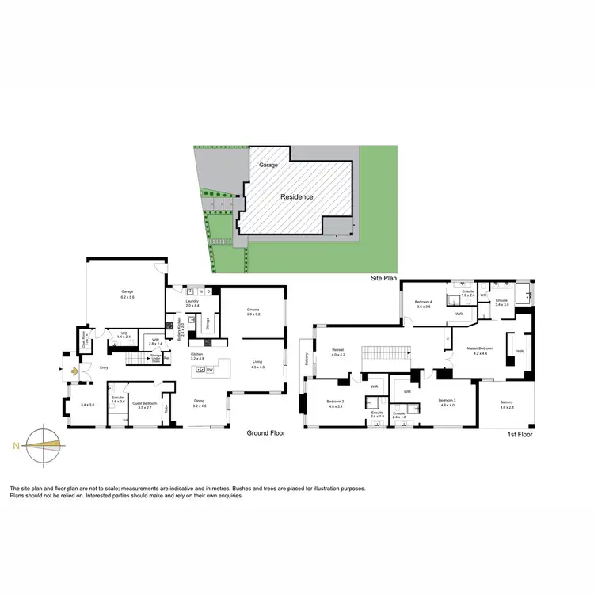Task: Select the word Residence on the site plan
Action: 296,196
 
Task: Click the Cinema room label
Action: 253,310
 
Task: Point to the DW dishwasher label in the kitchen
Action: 210,369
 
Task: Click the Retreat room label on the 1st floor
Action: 337,352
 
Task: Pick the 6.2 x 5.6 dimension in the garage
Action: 128,297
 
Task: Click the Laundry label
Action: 191,301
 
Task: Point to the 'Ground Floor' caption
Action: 265,433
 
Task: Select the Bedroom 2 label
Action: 334,402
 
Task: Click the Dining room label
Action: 200,401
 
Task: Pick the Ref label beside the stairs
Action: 167,358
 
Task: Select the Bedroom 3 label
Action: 447,402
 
